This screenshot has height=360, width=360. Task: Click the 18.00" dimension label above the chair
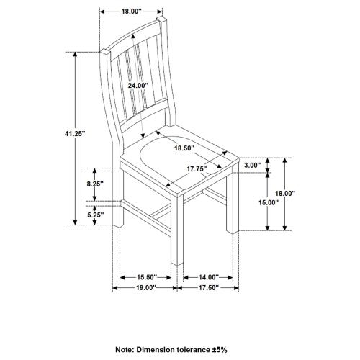click(131, 12)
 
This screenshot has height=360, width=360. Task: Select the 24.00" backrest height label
click(138, 86)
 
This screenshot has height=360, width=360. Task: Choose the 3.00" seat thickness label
click(251, 166)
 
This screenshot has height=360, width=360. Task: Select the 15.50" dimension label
click(147, 277)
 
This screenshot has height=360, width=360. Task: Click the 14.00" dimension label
click(209, 277)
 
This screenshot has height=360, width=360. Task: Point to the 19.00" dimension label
click(144, 288)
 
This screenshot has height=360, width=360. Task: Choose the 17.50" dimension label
click(209, 288)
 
